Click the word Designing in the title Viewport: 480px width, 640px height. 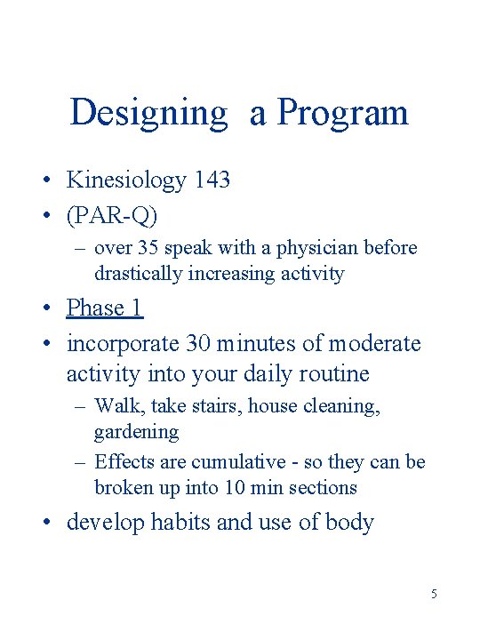pyautogui.click(x=148, y=113)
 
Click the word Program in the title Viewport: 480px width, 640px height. pyautogui.click(x=342, y=113)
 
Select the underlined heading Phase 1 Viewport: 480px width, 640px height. pyautogui.click(x=105, y=308)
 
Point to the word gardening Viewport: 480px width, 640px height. pyautogui.click(x=136, y=432)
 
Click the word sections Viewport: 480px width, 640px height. pyautogui.click(x=323, y=487)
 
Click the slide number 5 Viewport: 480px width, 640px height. pyautogui.click(x=434, y=594)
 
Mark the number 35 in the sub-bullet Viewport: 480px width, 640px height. pyautogui.click(x=144, y=248)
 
